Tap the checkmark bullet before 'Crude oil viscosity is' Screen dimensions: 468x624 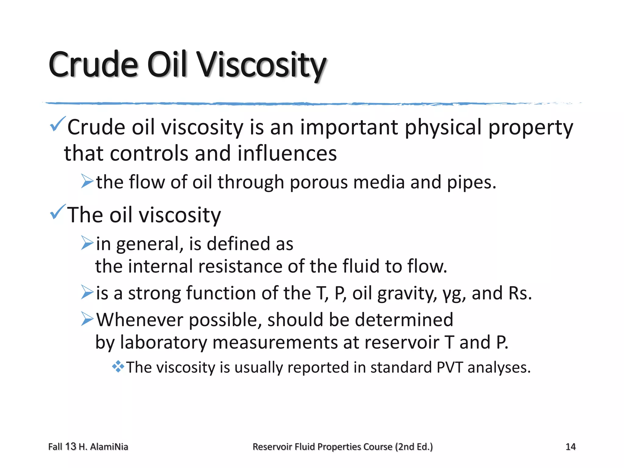click(x=57, y=124)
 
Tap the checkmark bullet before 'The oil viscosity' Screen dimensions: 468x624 click(x=57, y=212)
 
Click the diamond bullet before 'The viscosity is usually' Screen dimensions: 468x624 click(x=118, y=367)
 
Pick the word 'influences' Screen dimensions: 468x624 click(x=287, y=153)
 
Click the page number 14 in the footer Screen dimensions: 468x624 click(x=570, y=447)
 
